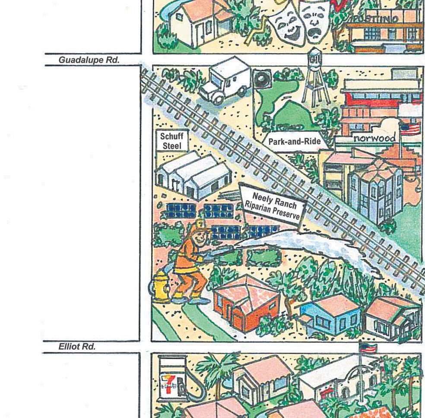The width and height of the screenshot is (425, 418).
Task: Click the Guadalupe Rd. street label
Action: tap(89, 60)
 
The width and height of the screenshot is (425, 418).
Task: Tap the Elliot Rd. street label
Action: tap(77, 347)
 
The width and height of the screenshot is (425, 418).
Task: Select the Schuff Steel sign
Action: tap(171, 141)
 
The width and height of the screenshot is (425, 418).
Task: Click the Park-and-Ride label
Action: tap(294, 141)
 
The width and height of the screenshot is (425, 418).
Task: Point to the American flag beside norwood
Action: tap(410, 129)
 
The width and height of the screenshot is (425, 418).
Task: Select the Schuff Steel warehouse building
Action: tap(192, 175)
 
